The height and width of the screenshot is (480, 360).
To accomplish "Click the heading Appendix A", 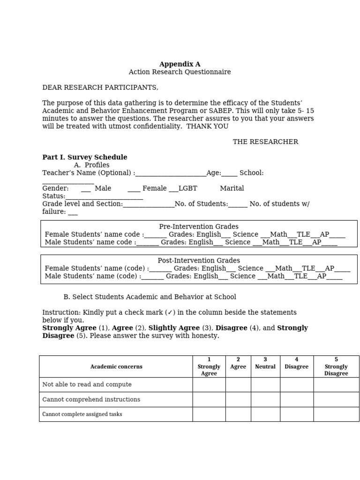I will tap(180, 64).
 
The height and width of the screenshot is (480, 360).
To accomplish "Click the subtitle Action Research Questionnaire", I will tap(180, 72).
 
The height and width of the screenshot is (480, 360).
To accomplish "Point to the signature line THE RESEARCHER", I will tap(265, 142).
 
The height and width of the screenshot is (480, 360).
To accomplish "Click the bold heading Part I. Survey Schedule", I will tap(85, 157).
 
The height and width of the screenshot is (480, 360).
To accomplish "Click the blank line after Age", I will tap(230, 173).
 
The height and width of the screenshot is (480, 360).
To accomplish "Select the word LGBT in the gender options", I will tap(187, 188).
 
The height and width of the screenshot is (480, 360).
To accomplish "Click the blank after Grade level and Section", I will tap(149, 204).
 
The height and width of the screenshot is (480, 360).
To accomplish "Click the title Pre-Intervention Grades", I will tap(199, 227).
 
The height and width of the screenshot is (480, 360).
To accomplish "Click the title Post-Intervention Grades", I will tap(199, 261).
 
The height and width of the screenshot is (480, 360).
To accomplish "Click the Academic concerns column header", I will tap(116, 367).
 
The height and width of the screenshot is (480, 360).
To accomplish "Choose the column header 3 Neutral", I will tap(265, 363).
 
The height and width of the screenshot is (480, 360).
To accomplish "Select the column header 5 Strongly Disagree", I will tap(336, 367).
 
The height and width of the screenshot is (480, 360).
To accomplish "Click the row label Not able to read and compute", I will tap(87, 384).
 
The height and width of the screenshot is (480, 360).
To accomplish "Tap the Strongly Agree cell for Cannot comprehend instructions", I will tap(209, 399).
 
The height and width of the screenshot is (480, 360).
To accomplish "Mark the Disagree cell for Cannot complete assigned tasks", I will tap(296, 414).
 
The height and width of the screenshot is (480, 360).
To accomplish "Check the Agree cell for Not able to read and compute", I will tap(238, 384).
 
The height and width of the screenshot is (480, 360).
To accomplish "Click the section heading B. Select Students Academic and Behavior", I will tap(150, 297).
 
